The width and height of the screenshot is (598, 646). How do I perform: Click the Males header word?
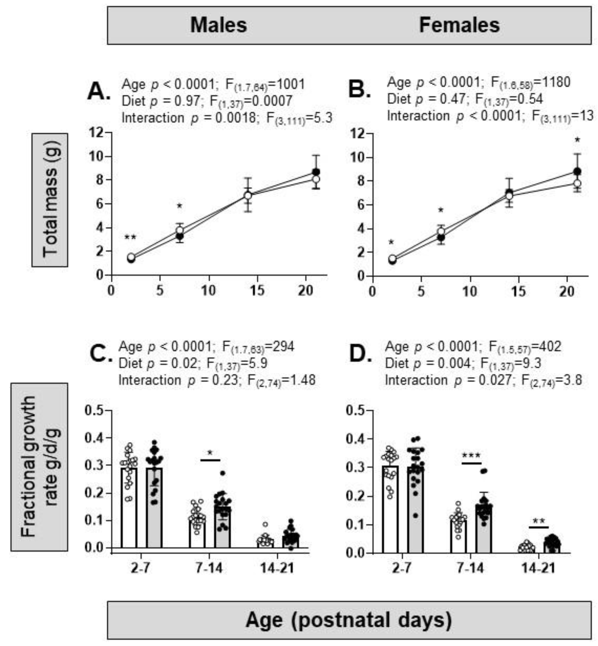point(218,25)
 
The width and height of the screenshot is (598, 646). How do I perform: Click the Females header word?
point(459,25)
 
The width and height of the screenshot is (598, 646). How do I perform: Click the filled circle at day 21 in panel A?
point(316,172)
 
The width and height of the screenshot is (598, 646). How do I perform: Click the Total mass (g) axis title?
point(50,200)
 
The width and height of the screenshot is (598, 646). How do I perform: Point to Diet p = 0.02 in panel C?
point(158,364)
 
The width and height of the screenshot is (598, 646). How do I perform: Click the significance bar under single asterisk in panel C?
point(210,459)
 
